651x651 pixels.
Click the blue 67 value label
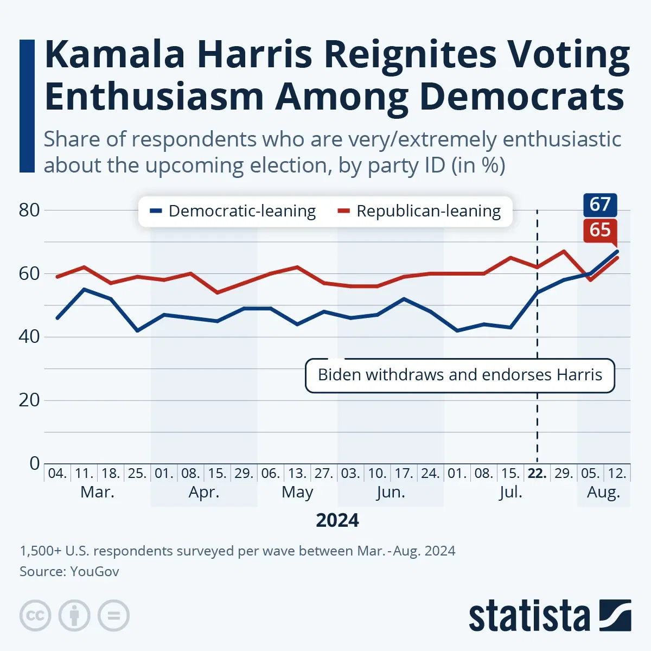[x=600, y=205]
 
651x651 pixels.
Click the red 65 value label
[x=600, y=230]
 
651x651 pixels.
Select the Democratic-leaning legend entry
[x=234, y=211]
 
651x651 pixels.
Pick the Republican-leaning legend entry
[x=420, y=211]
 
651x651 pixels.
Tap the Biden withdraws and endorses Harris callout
[x=459, y=375]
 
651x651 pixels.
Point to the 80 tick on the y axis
[x=29, y=210]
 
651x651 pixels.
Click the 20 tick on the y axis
[x=29, y=400]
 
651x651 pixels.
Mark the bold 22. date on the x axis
[x=537, y=474]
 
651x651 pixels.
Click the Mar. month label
[x=97, y=493]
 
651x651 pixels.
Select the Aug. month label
[x=603, y=493]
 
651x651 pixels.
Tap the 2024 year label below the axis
[x=337, y=520]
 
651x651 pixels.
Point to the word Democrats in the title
[x=522, y=97]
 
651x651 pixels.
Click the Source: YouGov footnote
[x=69, y=571]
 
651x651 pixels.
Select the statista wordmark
[x=529, y=616]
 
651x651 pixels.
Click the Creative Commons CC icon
[x=35, y=616]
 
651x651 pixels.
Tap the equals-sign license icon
[x=113, y=616]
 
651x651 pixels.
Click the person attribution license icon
[x=74, y=616]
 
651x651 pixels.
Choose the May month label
[x=297, y=493]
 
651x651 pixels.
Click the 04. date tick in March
[x=57, y=474]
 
